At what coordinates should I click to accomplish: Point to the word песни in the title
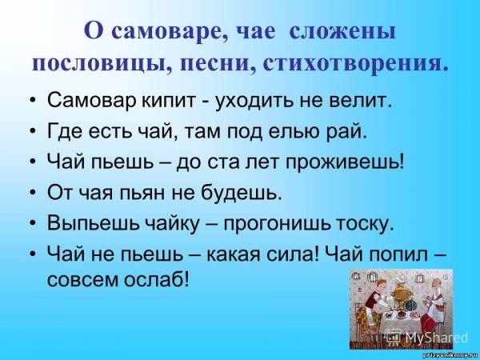pos(217,60)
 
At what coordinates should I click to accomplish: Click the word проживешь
pos(345,163)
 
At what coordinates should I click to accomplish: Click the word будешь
pos(226,193)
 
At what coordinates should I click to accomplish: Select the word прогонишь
pos(277,224)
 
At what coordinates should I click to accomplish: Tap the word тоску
pos(364,224)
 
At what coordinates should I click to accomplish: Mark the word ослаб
pos(157,279)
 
